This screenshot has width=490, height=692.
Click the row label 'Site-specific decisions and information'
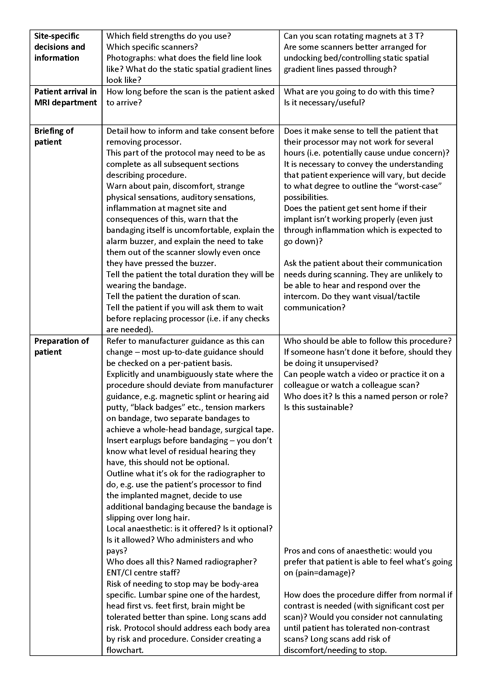[x=60, y=47]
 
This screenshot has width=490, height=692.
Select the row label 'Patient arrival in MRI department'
[x=65, y=97]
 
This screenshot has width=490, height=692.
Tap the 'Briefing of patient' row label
[x=54, y=136]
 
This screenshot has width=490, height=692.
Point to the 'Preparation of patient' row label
[x=61, y=346]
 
